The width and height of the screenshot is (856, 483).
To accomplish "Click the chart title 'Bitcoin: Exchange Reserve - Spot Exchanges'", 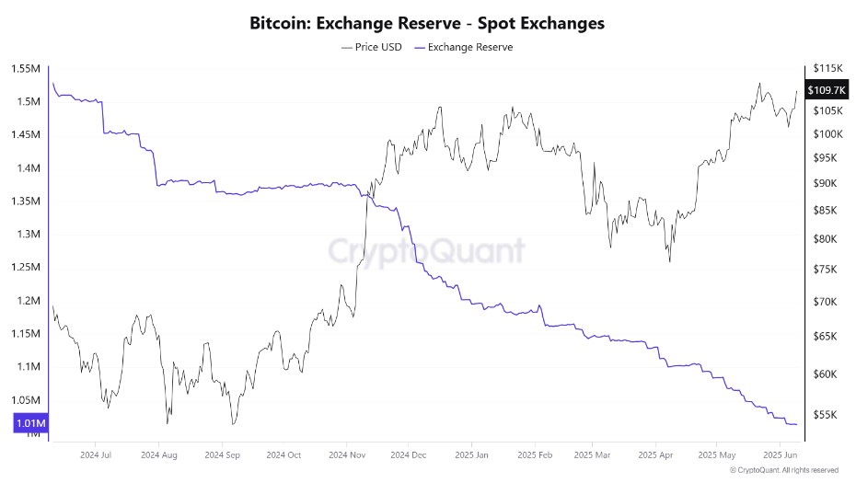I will tap(427, 23).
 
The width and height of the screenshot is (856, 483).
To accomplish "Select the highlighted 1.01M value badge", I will tap(30, 423).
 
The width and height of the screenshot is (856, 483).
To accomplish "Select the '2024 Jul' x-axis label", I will tap(96, 454).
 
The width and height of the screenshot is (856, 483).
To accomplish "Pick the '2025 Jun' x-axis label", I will tap(780, 454).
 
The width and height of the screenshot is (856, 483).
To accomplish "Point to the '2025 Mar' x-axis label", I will tap(591, 454).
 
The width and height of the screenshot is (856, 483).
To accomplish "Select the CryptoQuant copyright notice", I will tap(784, 470).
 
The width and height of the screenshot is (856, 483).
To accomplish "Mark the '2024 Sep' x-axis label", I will tap(222, 454).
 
